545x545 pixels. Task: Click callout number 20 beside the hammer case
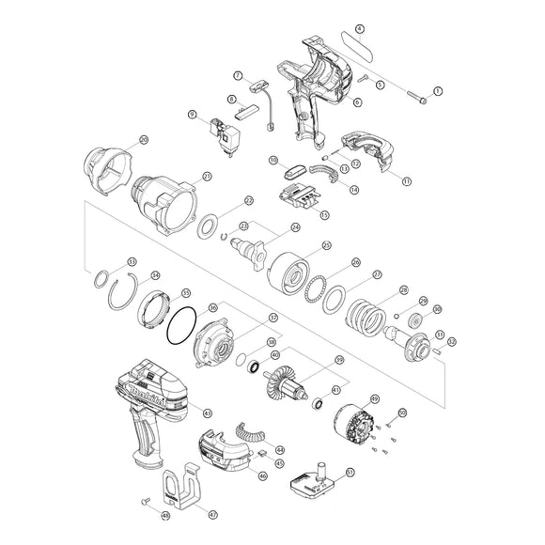tap(143, 140)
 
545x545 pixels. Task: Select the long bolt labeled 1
tap(416, 95)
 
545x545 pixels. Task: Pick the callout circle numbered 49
tap(402, 412)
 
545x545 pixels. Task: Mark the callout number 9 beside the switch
tap(192, 115)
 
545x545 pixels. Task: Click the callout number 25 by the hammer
tap(326, 246)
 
